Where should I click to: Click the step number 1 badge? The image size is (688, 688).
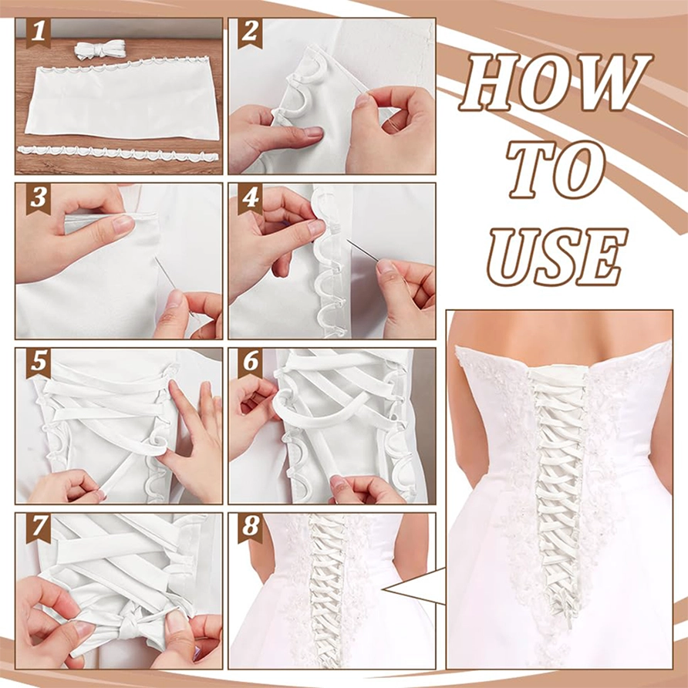tap(38, 33)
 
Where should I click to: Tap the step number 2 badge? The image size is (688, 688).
tap(250, 33)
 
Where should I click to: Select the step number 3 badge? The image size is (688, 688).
tap(38, 199)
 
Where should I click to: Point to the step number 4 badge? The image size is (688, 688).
tap(250, 199)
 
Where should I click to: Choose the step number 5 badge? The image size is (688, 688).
tap(38, 363)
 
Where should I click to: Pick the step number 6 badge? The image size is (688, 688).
tap(250, 363)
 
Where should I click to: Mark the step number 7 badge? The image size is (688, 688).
tap(38, 528)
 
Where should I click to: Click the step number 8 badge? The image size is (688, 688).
tap(250, 528)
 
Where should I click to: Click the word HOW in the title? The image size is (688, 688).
tap(555, 83)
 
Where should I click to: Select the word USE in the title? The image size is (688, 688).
tap(557, 257)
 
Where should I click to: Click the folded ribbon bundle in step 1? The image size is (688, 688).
tap(100, 49)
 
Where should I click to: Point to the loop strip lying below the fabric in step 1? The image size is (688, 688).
tap(117, 154)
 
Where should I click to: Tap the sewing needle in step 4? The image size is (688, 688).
tap(363, 250)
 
